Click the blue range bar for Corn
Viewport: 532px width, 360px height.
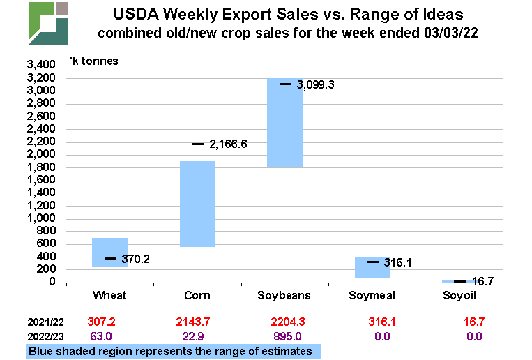197,204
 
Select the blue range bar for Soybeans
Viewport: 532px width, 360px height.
284,123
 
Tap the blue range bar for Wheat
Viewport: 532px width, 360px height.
109,252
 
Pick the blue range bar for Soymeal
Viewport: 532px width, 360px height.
372,268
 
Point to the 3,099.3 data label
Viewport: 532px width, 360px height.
316,85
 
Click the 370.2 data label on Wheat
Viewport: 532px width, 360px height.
136,260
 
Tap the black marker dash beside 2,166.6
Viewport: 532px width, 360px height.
197,144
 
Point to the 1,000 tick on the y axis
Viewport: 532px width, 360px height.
41,218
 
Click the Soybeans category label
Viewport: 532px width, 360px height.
284,296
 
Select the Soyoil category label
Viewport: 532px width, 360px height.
459,296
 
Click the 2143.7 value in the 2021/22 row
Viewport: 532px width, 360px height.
197,322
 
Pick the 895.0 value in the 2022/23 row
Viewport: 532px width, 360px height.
284,337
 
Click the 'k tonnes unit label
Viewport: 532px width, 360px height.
93,61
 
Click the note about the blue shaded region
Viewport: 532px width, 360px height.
172,351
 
